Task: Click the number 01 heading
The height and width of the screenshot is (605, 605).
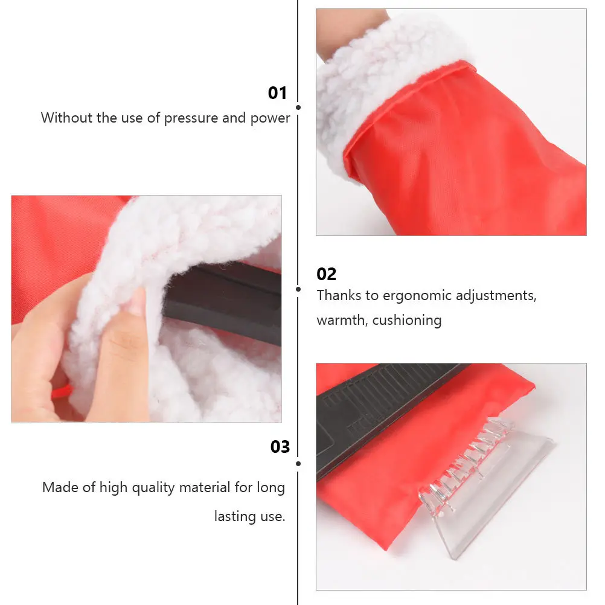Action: pos(277,93)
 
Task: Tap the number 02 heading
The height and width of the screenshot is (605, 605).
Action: pos(326,274)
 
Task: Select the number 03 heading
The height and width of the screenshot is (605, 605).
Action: pos(280,447)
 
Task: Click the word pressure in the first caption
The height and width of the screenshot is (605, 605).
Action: pos(191,118)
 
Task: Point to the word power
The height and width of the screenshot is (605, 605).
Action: pos(271,118)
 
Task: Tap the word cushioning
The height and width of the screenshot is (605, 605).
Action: pos(406,320)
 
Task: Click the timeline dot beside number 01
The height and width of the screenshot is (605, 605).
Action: pos(298,107)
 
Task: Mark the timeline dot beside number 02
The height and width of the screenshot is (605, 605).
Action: pos(298,289)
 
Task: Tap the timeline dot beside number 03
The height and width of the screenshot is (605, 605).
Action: pos(298,464)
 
